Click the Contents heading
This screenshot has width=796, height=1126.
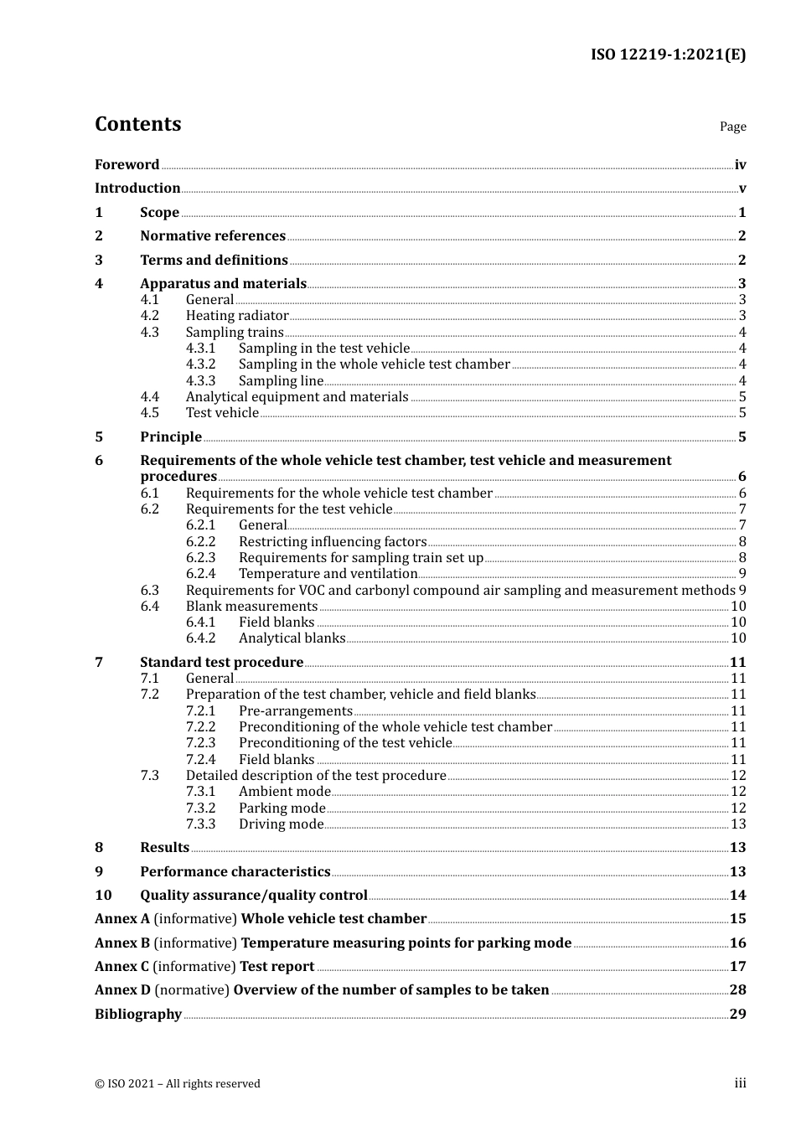[x=137, y=124]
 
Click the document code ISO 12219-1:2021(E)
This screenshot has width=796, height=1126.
[x=668, y=55]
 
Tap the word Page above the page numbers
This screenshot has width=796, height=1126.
[x=732, y=127]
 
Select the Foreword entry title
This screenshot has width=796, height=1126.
[x=127, y=165]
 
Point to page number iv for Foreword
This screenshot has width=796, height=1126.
[x=740, y=165]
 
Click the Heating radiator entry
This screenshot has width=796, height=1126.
[x=237, y=316]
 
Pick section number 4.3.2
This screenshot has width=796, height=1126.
[x=200, y=364]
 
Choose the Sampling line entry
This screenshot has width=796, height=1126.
[x=281, y=381]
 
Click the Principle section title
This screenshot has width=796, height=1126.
[x=171, y=437]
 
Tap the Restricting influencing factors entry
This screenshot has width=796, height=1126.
[x=333, y=542]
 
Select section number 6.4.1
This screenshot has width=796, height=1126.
[x=200, y=622]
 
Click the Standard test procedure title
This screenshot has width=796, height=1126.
[x=221, y=663]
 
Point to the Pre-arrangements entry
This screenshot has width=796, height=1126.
[x=295, y=711]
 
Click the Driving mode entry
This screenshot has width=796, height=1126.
[x=281, y=824]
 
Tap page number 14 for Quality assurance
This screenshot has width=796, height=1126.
[x=737, y=896]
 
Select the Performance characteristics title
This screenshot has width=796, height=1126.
[x=235, y=872]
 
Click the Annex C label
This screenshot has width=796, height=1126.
[x=122, y=967]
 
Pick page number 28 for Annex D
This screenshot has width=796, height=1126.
[x=737, y=990]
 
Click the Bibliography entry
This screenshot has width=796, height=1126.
[x=138, y=1015]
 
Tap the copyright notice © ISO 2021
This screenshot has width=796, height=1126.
[x=177, y=1084]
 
